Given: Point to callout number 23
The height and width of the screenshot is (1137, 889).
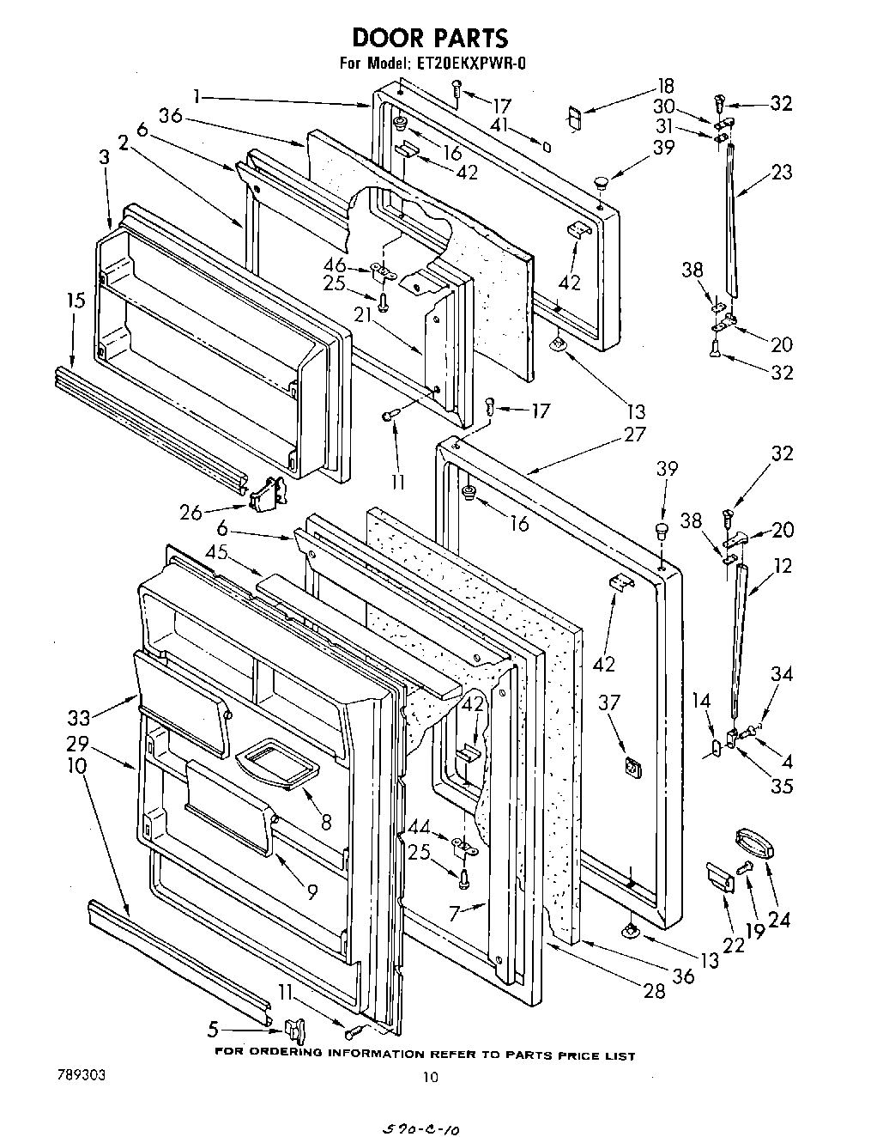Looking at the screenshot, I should coord(781,172).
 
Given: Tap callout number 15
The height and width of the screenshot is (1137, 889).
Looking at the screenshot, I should coord(76,301).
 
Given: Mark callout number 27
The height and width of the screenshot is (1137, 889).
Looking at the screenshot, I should coord(634,435).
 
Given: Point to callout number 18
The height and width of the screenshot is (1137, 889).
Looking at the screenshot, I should coord(665,86).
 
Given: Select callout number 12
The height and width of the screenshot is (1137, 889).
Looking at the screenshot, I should coord(782,566).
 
